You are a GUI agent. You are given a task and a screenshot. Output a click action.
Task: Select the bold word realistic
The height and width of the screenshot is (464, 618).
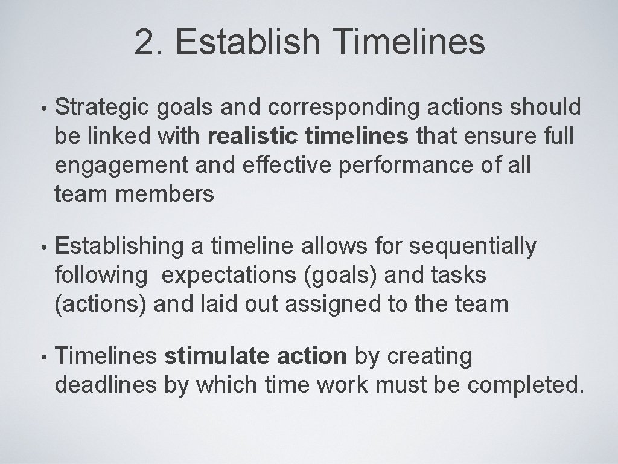tap(253, 137)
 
